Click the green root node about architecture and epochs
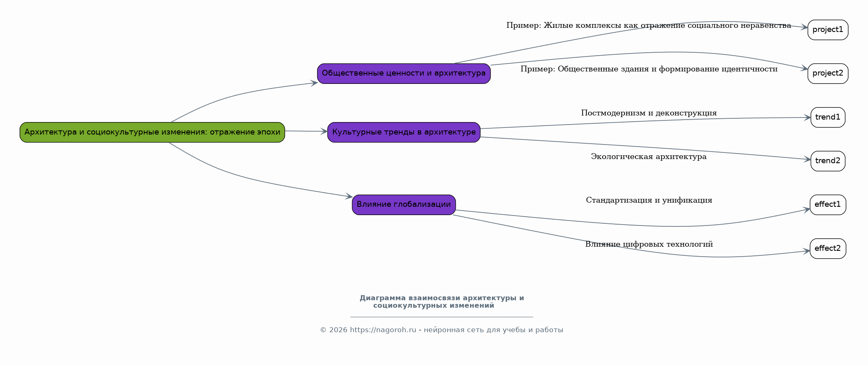point(152,132)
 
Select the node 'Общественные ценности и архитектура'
point(404,73)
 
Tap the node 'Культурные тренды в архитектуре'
point(404,132)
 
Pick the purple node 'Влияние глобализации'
point(404,205)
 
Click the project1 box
point(828,30)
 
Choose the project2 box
point(828,73)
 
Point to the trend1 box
point(828,117)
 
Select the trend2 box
point(828,161)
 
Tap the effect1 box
point(828,205)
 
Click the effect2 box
point(828,248)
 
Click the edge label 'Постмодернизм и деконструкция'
point(649,113)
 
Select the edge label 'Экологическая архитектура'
point(649,157)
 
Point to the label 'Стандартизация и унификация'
point(649,200)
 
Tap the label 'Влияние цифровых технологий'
point(649,244)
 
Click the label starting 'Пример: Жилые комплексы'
point(649,25)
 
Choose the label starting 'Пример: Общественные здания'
point(649,69)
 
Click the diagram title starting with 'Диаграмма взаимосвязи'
point(441,301)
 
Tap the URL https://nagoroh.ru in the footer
point(383,330)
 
